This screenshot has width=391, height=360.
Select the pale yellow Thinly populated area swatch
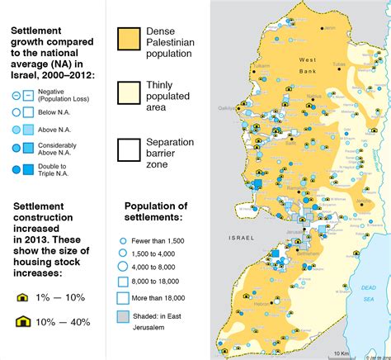click(x=130, y=96)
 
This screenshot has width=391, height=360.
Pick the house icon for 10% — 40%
click(x=23, y=321)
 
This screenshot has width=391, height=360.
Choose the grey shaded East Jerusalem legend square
click(x=123, y=318)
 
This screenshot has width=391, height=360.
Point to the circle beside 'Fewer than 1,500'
click(x=123, y=239)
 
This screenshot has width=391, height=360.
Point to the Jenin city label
click(x=331, y=29)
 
